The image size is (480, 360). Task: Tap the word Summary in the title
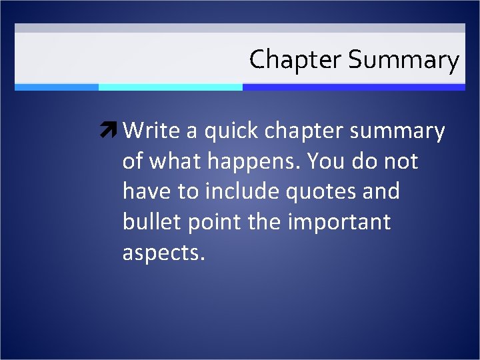click(x=403, y=61)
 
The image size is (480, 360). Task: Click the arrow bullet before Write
click(x=109, y=131)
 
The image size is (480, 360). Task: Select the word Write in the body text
click(x=152, y=131)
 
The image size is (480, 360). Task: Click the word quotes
click(x=316, y=192)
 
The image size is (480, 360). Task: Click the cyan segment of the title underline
click(x=170, y=87)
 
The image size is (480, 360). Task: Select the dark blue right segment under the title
click(x=353, y=87)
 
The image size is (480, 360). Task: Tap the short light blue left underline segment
click(x=57, y=87)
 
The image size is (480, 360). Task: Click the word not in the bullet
click(x=399, y=161)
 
